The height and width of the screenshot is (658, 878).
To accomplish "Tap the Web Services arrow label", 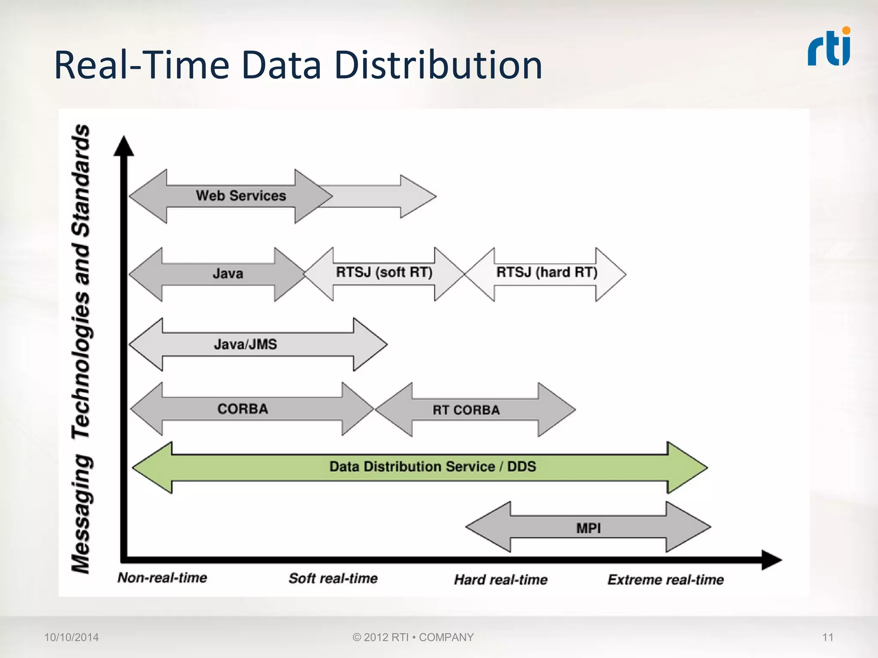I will (241, 196).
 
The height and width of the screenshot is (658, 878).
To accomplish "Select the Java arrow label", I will (228, 273).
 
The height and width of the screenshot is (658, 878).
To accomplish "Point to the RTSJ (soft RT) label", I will (384, 272).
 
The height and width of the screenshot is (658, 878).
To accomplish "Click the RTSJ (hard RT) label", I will (547, 272).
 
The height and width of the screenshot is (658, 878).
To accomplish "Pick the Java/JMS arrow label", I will (245, 344).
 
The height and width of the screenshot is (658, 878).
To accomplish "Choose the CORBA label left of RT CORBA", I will (243, 409).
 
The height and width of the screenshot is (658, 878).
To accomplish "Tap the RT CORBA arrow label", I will (466, 410).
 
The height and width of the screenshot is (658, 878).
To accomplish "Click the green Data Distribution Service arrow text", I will (433, 467).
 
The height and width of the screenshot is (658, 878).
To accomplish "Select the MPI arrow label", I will (588, 528).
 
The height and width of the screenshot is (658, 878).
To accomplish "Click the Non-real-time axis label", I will (162, 578).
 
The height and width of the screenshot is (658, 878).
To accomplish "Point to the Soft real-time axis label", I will (333, 578).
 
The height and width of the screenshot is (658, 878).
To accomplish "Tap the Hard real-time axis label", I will (501, 580).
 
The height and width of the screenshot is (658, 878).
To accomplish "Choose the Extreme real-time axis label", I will (665, 580).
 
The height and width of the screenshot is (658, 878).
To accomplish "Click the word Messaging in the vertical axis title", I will (81, 514).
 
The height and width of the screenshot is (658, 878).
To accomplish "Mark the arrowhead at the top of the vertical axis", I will (124, 146).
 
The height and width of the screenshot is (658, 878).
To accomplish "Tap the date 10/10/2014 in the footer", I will (72, 637).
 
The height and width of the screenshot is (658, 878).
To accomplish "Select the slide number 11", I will (827, 637).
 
